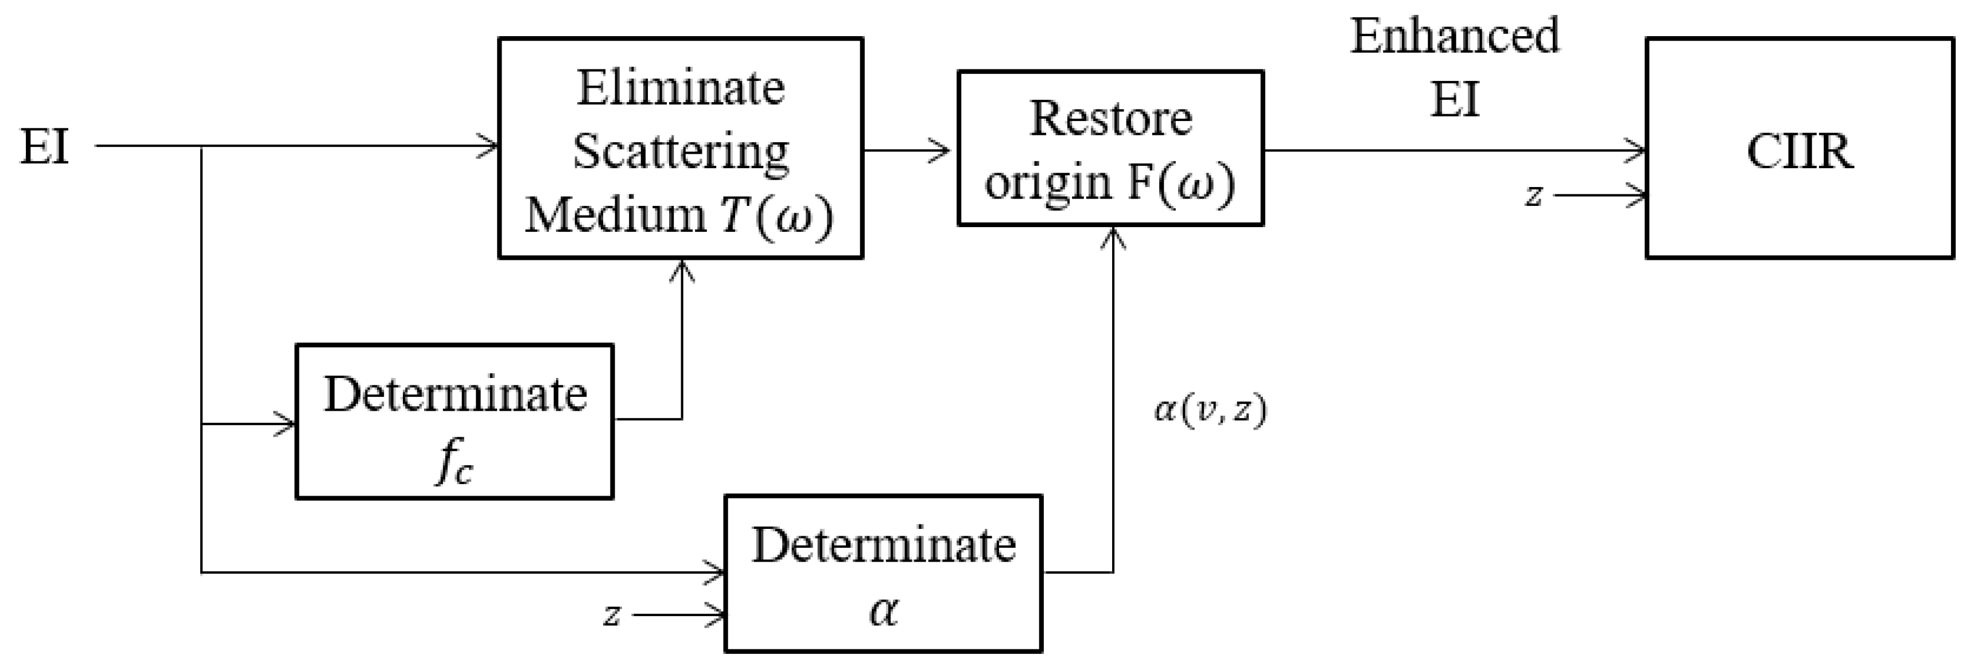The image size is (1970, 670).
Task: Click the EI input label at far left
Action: [x=44, y=147]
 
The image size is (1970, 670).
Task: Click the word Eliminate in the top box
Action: [x=680, y=88]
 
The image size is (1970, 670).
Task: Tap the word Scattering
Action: [x=680, y=151]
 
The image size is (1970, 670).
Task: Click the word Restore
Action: [x=1110, y=119]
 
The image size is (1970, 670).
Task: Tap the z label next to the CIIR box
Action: [x=1533, y=196]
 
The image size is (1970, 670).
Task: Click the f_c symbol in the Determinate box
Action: [x=454, y=463]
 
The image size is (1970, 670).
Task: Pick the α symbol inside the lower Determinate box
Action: [x=883, y=611]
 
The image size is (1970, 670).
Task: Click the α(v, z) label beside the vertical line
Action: [x=1210, y=411]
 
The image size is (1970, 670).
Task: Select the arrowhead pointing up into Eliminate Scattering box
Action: [x=681, y=270]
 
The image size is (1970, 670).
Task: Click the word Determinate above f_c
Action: [x=454, y=395]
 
